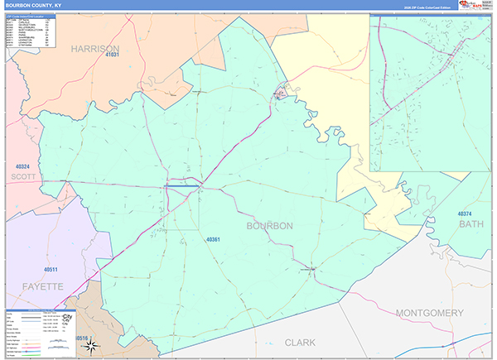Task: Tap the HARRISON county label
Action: [95, 48]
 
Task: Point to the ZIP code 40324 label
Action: [22, 166]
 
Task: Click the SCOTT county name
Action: [24, 176]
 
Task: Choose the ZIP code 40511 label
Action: [51, 270]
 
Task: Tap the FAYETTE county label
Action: [36, 286]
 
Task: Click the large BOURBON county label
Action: [269, 225]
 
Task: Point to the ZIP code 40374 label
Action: [470, 214]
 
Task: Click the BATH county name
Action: [470, 224]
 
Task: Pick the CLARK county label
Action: [300, 341]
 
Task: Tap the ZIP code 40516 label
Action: [80, 338]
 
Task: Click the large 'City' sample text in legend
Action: [68, 317]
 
